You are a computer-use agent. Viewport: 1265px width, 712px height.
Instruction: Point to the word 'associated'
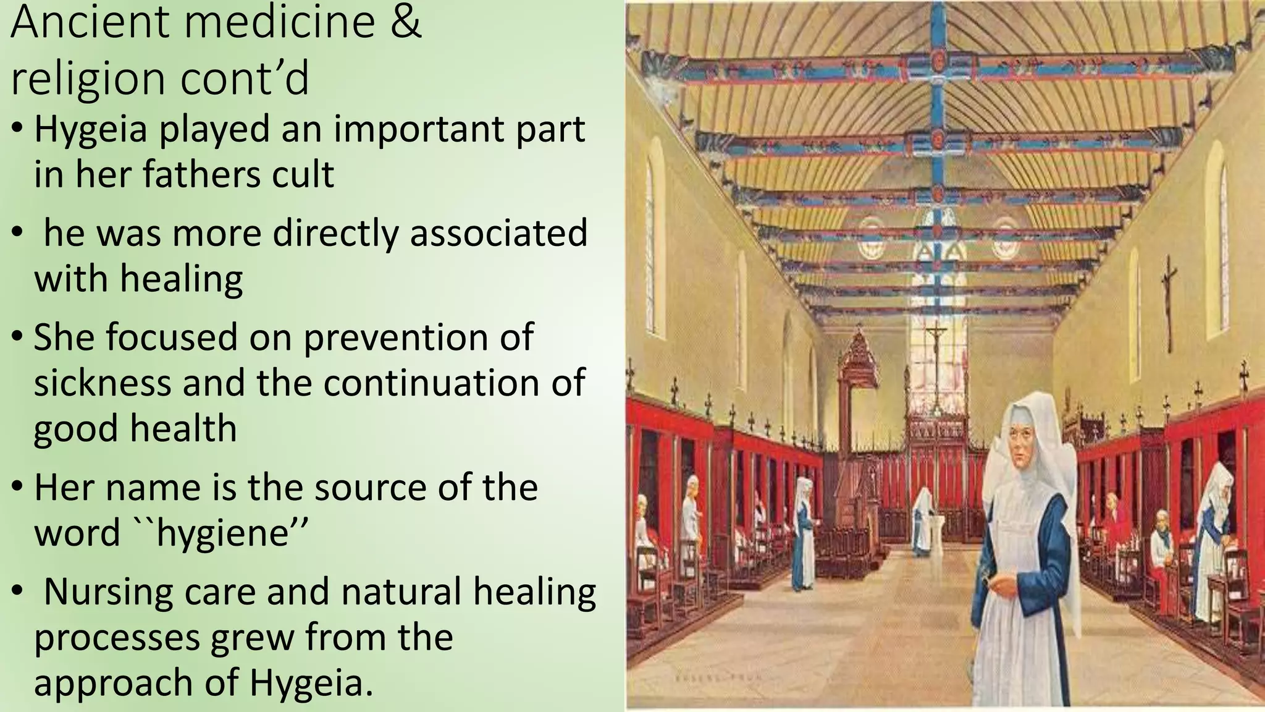coord(498,234)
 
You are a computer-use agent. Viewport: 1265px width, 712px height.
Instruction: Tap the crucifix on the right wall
coord(1167,303)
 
